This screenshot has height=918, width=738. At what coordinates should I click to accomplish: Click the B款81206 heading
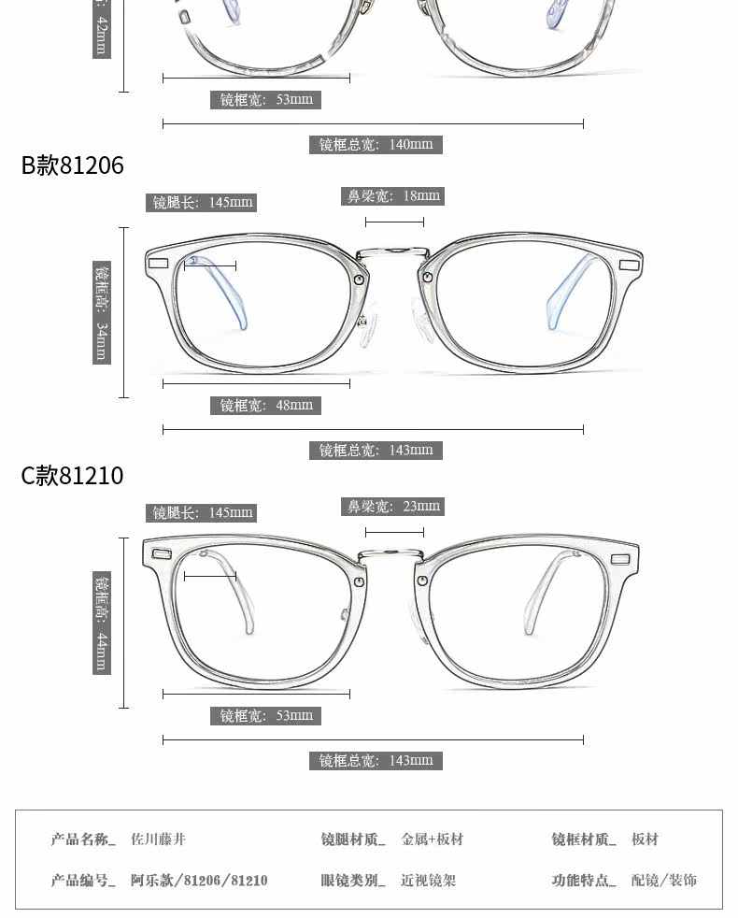tap(73, 165)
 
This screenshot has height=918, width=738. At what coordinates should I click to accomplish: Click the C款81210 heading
tap(73, 476)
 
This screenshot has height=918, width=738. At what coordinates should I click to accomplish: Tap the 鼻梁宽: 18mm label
tap(393, 196)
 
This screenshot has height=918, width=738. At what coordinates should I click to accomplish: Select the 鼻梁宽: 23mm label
tap(393, 507)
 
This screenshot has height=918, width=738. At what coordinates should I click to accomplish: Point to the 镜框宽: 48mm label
tap(266, 406)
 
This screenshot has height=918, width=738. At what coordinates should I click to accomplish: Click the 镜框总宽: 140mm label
tap(376, 145)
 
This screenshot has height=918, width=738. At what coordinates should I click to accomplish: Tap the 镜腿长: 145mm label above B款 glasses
tap(203, 203)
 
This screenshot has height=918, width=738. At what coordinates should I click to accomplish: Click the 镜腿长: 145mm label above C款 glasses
tap(203, 513)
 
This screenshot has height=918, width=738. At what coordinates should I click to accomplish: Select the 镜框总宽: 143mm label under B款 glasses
tap(376, 451)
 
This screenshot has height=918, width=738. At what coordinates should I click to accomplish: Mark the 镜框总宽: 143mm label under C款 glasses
tap(376, 761)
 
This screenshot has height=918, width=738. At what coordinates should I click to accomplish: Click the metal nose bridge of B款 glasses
tap(393, 250)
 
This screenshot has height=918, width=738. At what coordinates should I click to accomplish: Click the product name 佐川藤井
tap(158, 839)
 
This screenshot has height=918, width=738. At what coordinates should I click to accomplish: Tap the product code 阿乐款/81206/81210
tap(199, 881)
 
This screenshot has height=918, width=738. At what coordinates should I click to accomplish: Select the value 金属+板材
tap(432, 839)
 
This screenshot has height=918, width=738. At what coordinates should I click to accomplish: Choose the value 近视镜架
tap(428, 881)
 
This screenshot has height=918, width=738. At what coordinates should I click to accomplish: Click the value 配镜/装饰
tap(663, 881)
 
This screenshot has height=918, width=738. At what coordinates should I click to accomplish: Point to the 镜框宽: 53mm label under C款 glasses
tap(266, 716)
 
